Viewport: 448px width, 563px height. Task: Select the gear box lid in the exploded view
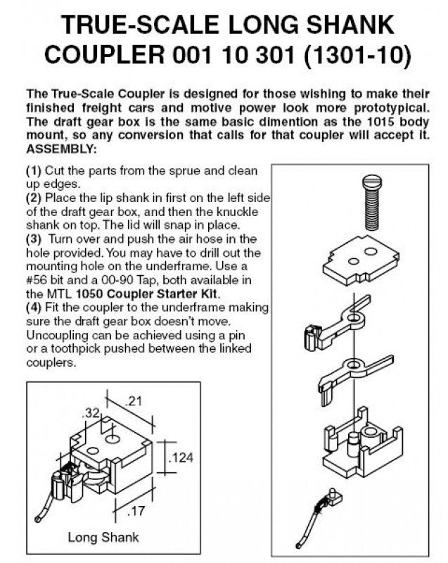tap(361, 261)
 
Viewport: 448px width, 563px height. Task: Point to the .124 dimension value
tap(181, 457)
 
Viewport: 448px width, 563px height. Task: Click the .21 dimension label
tap(133, 400)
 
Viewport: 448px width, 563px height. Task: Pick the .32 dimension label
tap(91, 413)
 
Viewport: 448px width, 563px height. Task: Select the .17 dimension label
tap(136, 510)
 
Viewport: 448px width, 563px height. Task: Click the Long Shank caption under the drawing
tap(103, 537)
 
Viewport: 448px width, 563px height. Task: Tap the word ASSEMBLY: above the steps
tap(61, 149)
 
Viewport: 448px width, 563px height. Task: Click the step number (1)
tap(34, 170)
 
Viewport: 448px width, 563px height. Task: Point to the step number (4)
tap(34, 308)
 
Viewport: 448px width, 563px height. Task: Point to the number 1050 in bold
tap(90, 293)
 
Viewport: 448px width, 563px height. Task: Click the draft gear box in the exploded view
tap(362, 443)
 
